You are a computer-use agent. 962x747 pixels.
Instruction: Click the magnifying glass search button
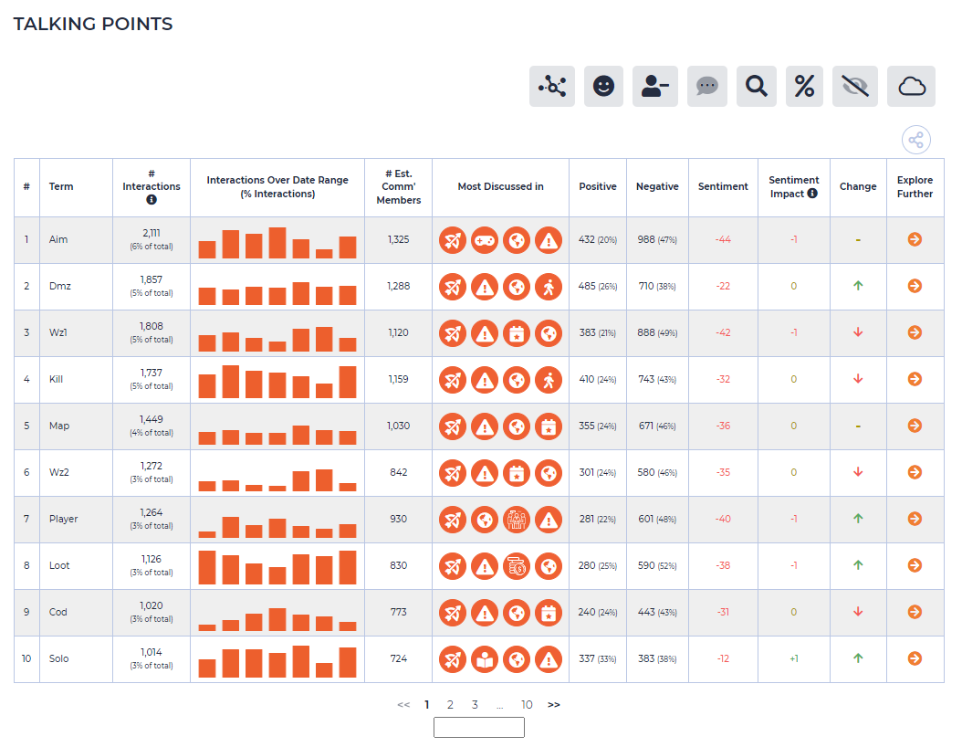[x=756, y=87]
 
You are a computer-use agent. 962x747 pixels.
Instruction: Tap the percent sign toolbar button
[x=804, y=87]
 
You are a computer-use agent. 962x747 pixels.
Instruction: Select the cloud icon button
[x=911, y=87]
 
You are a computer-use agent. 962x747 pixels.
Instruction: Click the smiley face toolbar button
[x=603, y=87]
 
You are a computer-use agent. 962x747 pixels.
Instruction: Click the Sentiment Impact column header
[x=793, y=186]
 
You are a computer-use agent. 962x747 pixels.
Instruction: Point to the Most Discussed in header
[x=501, y=186]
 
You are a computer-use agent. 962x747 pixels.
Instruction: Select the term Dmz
[x=60, y=286]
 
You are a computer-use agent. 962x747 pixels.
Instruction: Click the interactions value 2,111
[x=152, y=233]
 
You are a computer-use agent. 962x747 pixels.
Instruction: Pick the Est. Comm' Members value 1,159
[x=398, y=379]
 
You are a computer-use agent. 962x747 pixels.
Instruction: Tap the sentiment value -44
[x=723, y=239]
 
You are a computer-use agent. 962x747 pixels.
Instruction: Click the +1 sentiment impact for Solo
[x=794, y=658]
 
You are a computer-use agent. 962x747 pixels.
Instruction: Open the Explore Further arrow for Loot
[x=915, y=565]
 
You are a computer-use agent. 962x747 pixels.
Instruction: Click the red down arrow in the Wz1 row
[x=858, y=332]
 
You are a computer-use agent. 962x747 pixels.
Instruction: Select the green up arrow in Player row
[x=858, y=519]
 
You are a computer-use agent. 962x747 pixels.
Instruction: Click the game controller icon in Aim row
[x=485, y=240]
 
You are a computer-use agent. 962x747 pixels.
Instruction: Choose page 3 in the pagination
[x=475, y=705]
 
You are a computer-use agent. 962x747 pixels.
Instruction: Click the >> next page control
[x=553, y=705]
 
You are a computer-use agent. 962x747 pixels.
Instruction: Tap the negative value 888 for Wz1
[x=646, y=332]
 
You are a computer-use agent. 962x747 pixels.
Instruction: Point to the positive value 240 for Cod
[x=587, y=612]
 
